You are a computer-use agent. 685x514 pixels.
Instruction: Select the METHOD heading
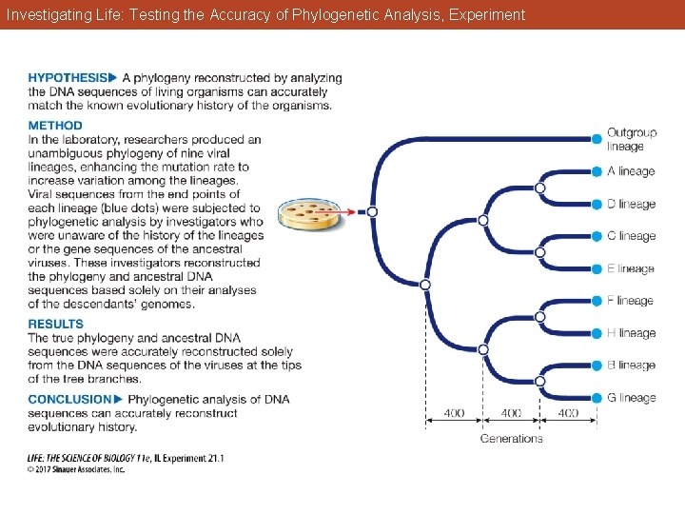pos(55,126)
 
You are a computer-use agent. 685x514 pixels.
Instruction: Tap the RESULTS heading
pos(55,325)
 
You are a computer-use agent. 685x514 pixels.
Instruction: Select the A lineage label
pos(631,172)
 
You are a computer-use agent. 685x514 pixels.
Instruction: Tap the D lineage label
pos(631,205)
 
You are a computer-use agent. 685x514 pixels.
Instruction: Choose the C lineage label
pos(631,236)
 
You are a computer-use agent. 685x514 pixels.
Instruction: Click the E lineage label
pos(631,268)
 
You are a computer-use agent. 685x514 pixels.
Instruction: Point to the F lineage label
pos(631,301)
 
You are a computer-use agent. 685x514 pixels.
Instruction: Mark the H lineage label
pos(631,333)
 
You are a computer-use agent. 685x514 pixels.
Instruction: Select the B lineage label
pos(631,366)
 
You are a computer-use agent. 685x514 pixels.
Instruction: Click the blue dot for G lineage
pos(597,398)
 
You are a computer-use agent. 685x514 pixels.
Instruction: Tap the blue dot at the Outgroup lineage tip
pos(597,139)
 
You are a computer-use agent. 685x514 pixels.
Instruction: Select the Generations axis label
pos(511,439)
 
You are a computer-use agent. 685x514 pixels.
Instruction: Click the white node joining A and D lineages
pos(539,188)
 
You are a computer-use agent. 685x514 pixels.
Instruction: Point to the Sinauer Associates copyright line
pos(76,469)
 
